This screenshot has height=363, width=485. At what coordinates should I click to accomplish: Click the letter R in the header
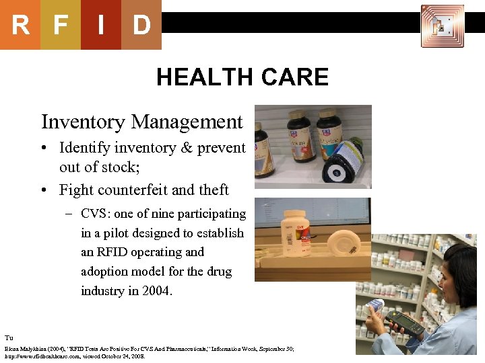(20, 26)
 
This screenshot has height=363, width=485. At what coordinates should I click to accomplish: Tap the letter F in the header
(61, 26)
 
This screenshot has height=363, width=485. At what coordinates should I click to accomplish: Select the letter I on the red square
(100, 26)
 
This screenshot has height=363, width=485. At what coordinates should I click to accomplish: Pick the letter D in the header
(141, 26)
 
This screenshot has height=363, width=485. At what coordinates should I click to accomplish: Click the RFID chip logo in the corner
(442, 26)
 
